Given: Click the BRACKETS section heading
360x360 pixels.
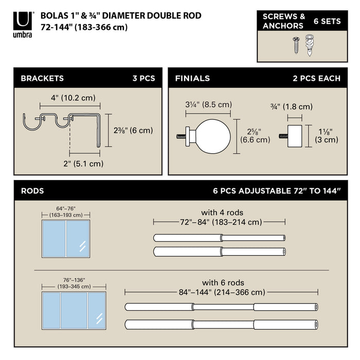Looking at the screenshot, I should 42,79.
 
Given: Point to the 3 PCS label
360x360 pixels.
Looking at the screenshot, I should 143,79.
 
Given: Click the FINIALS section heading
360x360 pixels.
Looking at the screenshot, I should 192,79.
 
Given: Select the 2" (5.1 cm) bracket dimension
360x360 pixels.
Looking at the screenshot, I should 84,164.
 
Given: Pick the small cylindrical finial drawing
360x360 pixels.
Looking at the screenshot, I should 293,135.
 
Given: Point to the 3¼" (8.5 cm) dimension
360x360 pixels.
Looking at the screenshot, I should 208,105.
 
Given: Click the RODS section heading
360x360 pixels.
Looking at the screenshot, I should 32,191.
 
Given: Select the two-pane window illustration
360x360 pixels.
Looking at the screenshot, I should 65,239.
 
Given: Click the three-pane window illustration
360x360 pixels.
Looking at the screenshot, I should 74,311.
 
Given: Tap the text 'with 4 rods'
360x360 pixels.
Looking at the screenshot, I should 222,212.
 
